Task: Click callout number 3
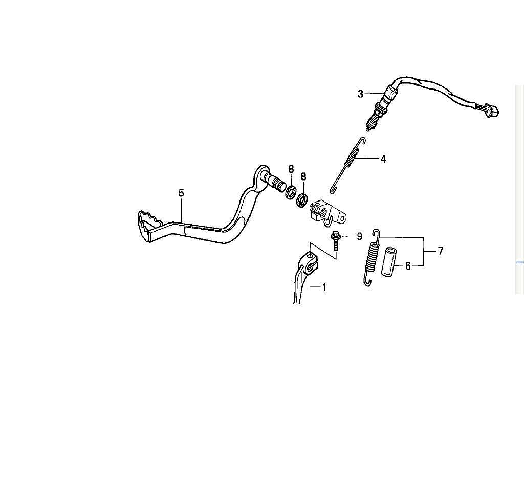click(x=360, y=94)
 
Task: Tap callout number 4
click(x=383, y=160)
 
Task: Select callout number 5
click(x=181, y=193)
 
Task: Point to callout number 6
click(x=408, y=266)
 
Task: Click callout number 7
click(x=441, y=251)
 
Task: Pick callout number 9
click(x=360, y=236)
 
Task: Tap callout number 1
click(x=324, y=287)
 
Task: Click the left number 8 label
click(x=291, y=169)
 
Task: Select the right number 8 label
click(x=303, y=176)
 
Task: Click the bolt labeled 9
click(x=335, y=240)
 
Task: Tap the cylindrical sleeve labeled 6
click(x=388, y=261)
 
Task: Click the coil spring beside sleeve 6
click(x=372, y=258)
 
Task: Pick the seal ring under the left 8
click(x=291, y=193)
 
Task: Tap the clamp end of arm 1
click(x=309, y=262)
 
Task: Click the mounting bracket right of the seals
click(x=327, y=212)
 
